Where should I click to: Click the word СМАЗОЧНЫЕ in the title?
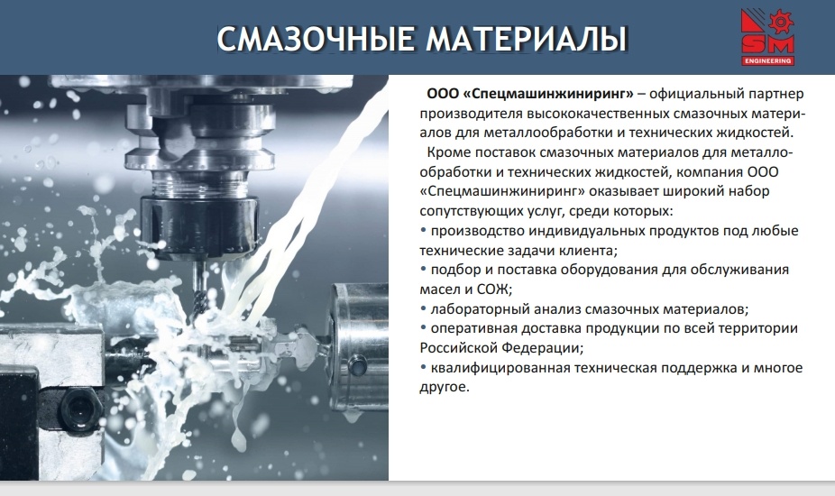(x=316, y=39)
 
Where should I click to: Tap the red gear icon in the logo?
(x=781, y=23)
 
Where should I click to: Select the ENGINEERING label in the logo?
(x=767, y=60)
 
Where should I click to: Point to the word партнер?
(x=775, y=95)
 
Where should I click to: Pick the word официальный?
(x=696, y=95)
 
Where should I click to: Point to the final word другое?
(x=445, y=387)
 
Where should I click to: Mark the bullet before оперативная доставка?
(x=423, y=327)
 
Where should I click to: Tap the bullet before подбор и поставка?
(x=423, y=269)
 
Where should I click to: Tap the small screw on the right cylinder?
(x=357, y=366)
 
